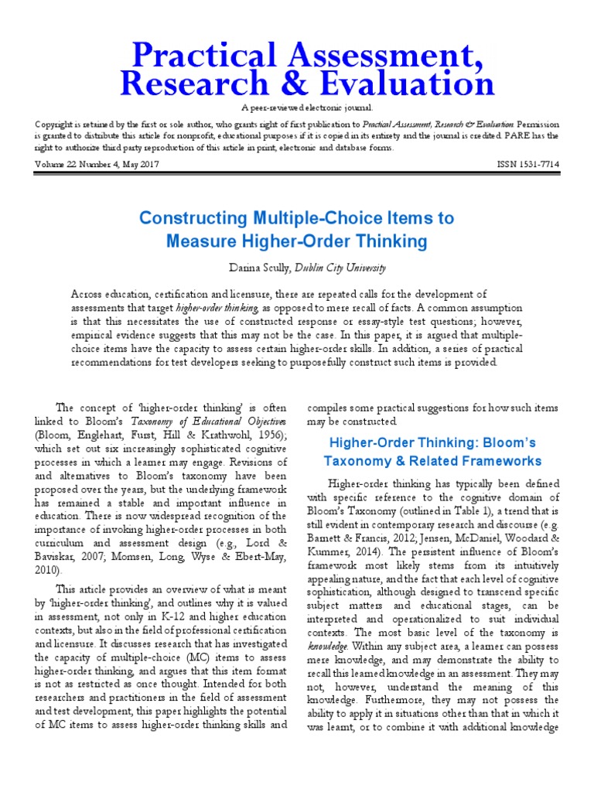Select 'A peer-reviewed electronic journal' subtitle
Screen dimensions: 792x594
click(296, 108)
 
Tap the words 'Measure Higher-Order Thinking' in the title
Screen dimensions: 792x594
click(297, 241)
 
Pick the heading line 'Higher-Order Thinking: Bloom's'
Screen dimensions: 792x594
click(432, 443)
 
